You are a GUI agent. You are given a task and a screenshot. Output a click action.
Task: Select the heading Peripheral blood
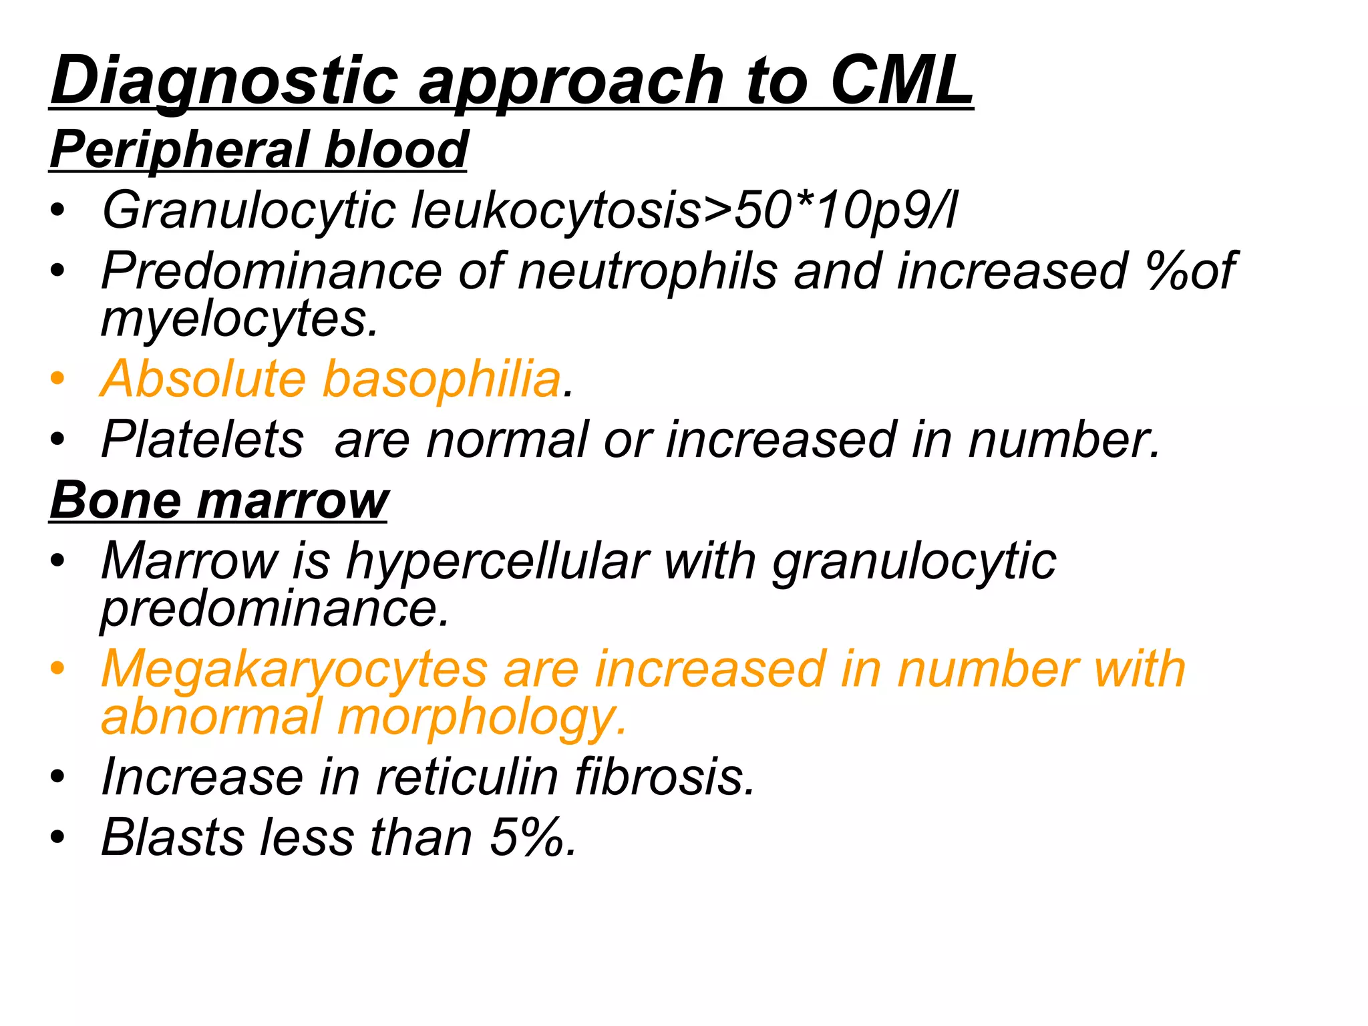pyautogui.click(x=259, y=150)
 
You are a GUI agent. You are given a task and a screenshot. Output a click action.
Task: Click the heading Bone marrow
pyautogui.click(x=218, y=500)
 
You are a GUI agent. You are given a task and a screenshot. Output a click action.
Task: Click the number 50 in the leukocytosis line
pyautogui.click(x=761, y=210)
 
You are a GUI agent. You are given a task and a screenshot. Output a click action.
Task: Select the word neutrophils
pyautogui.click(x=647, y=271)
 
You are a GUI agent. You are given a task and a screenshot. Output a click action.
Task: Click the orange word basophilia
pyautogui.click(x=442, y=379)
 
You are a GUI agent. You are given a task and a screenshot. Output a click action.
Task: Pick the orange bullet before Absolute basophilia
pyautogui.click(x=58, y=379)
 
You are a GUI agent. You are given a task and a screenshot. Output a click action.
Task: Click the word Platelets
pyautogui.click(x=202, y=440)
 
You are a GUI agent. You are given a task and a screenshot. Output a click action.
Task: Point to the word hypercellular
pyautogui.click(x=497, y=560)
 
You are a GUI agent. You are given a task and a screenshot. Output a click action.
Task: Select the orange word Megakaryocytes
pyautogui.click(x=295, y=669)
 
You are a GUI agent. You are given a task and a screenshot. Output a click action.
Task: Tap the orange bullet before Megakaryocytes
pyautogui.click(x=58, y=669)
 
